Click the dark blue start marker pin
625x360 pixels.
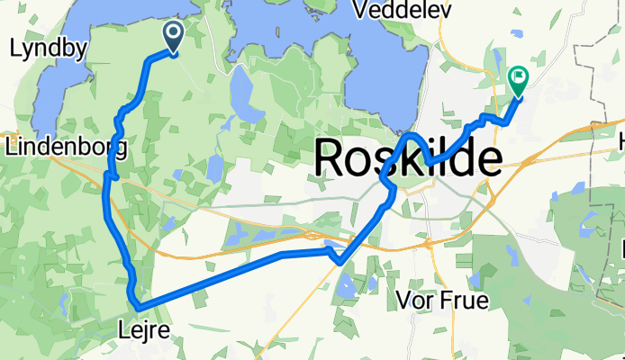(x=172, y=37)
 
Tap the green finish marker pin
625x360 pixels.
(x=519, y=81)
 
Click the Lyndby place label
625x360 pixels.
(x=41, y=50)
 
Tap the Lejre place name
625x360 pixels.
(x=143, y=332)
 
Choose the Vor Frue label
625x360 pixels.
(x=442, y=301)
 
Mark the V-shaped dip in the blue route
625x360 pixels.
(x=338, y=262)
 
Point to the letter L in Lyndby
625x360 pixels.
(x=14, y=50)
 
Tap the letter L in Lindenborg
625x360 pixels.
(x=11, y=146)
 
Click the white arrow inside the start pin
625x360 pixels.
(x=172, y=34)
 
